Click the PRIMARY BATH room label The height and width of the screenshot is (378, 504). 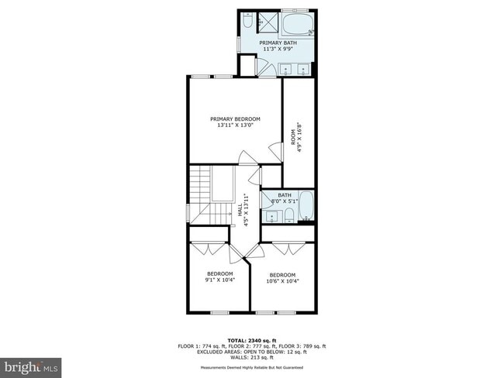pyautogui.click(x=278, y=43)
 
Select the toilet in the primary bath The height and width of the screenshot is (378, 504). pyautogui.click(x=248, y=19)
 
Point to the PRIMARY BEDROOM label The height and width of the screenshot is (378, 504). pyautogui.click(x=235, y=119)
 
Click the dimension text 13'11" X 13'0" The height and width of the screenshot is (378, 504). pyautogui.click(x=235, y=125)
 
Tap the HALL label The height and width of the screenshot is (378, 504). pyautogui.click(x=239, y=209)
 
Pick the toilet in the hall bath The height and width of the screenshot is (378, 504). pyautogui.click(x=287, y=214)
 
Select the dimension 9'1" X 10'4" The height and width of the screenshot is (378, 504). pyautogui.click(x=219, y=280)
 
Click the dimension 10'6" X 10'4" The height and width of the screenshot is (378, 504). pyautogui.click(x=282, y=281)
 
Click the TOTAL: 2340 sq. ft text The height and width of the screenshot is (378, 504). pyautogui.click(x=251, y=339)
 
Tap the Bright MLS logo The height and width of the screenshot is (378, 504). pyautogui.click(x=32, y=365)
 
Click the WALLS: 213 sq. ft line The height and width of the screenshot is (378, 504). pyautogui.click(x=251, y=359)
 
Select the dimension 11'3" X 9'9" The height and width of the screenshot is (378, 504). pyautogui.click(x=278, y=50)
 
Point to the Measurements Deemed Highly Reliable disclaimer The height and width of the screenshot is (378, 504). pyautogui.click(x=251, y=368)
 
